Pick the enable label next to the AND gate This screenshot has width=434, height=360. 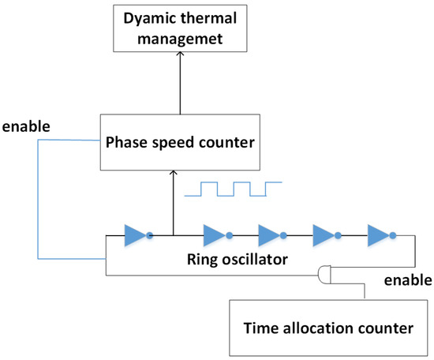tap(407, 280)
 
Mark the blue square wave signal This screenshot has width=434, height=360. tap(234, 189)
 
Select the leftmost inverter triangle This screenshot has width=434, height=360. tap(135, 234)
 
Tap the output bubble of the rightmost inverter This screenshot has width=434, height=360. tap(391, 234)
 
